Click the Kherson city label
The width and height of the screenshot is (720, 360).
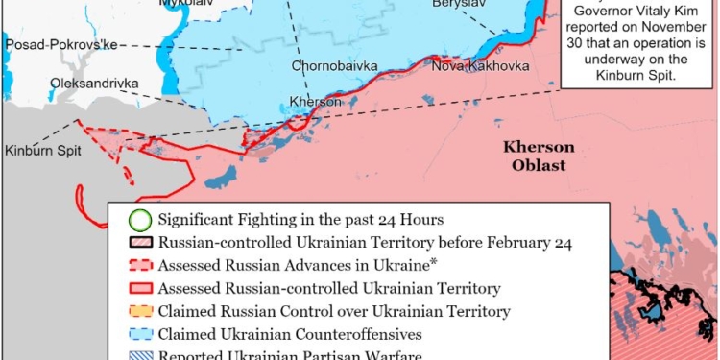point(315,102)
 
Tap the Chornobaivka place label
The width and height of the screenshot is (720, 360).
point(335,66)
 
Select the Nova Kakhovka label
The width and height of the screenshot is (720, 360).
point(473,66)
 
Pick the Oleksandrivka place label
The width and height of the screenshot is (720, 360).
point(94,83)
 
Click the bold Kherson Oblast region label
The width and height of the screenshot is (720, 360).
point(539,156)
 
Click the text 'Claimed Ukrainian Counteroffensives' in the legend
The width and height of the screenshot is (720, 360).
point(290,335)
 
